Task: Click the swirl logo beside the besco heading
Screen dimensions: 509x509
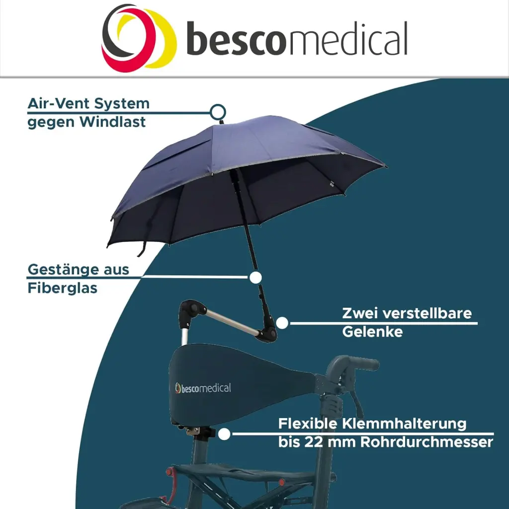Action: [x=139, y=38]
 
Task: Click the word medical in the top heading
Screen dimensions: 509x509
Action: [x=347, y=38]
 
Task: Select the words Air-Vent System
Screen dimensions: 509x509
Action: [x=88, y=103]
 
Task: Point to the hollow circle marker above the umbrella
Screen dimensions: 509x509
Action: [x=218, y=112]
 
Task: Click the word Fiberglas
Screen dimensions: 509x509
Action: [x=62, y=288]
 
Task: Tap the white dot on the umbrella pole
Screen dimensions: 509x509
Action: [x=255, y=277]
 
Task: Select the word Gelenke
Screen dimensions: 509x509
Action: [x=372, y=332]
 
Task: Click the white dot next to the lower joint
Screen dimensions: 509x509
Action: [x=282, y=323]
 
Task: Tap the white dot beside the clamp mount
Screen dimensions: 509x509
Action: [x=224, y=434]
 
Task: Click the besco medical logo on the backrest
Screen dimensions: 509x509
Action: [x=203, y=388]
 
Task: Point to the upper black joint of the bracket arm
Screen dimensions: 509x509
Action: [x=191, y=312]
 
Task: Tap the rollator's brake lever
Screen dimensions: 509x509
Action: [x=356, y=402]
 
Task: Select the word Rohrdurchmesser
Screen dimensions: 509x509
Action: [x=426, y=442]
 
